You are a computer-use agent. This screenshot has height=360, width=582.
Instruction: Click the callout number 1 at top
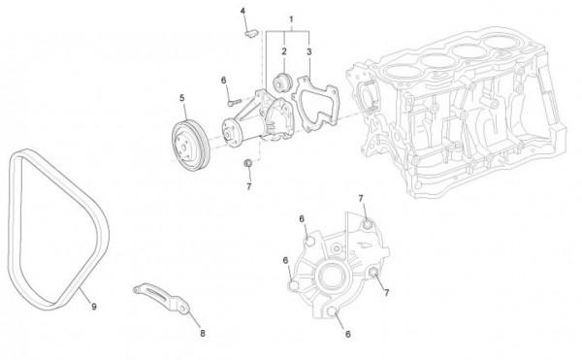point(291,19)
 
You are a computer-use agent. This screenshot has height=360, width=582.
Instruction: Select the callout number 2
point(284,51)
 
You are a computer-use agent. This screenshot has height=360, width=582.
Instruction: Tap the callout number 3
point(309,52)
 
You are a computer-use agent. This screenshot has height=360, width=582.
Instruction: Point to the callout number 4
point(242,11)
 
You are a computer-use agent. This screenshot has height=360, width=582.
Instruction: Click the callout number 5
point(182,98)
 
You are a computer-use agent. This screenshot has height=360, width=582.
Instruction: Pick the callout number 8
point(203,333)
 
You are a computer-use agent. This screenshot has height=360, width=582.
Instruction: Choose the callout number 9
point(94,307)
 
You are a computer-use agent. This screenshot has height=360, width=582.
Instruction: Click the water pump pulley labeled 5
point(191,146)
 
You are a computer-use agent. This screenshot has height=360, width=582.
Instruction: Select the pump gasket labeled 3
point(315,104)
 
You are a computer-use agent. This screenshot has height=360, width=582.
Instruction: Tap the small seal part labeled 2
point(283,82)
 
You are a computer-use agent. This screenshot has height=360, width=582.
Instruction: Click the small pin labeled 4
point(250,34)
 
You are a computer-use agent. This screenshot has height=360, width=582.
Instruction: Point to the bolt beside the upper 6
point(235,102)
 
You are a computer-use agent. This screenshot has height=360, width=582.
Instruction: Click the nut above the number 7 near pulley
point(247,163)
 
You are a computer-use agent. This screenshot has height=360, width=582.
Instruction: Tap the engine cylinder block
point(456,112)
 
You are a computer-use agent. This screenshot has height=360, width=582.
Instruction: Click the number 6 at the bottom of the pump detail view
point(348,334)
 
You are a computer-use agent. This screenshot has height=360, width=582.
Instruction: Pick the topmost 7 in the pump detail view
point(361,199)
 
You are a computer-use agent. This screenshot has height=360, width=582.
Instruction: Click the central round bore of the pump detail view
point(333,277)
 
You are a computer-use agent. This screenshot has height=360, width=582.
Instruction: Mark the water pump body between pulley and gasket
point(259,117)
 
